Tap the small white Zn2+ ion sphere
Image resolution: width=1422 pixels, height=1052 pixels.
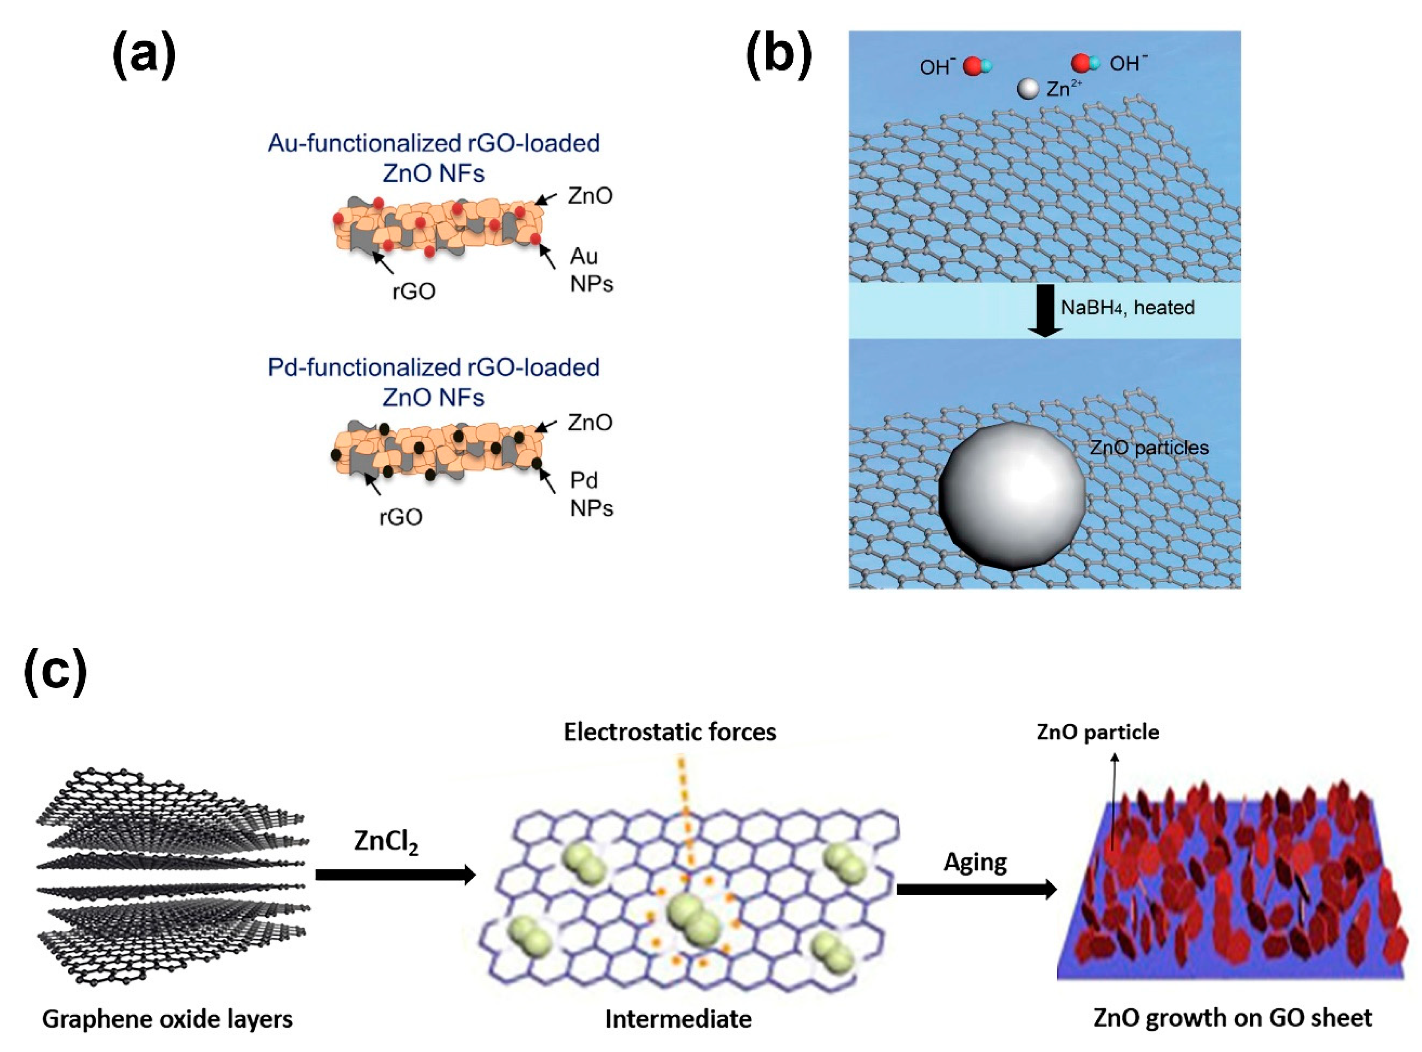[1028, 89]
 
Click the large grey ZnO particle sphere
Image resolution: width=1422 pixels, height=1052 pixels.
[1012, 495]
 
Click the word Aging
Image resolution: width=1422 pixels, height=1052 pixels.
[975, 862]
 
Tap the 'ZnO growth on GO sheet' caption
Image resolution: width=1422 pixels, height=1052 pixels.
[1232, 1017]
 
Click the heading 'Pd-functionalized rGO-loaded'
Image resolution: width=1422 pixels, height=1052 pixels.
[433, 368]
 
